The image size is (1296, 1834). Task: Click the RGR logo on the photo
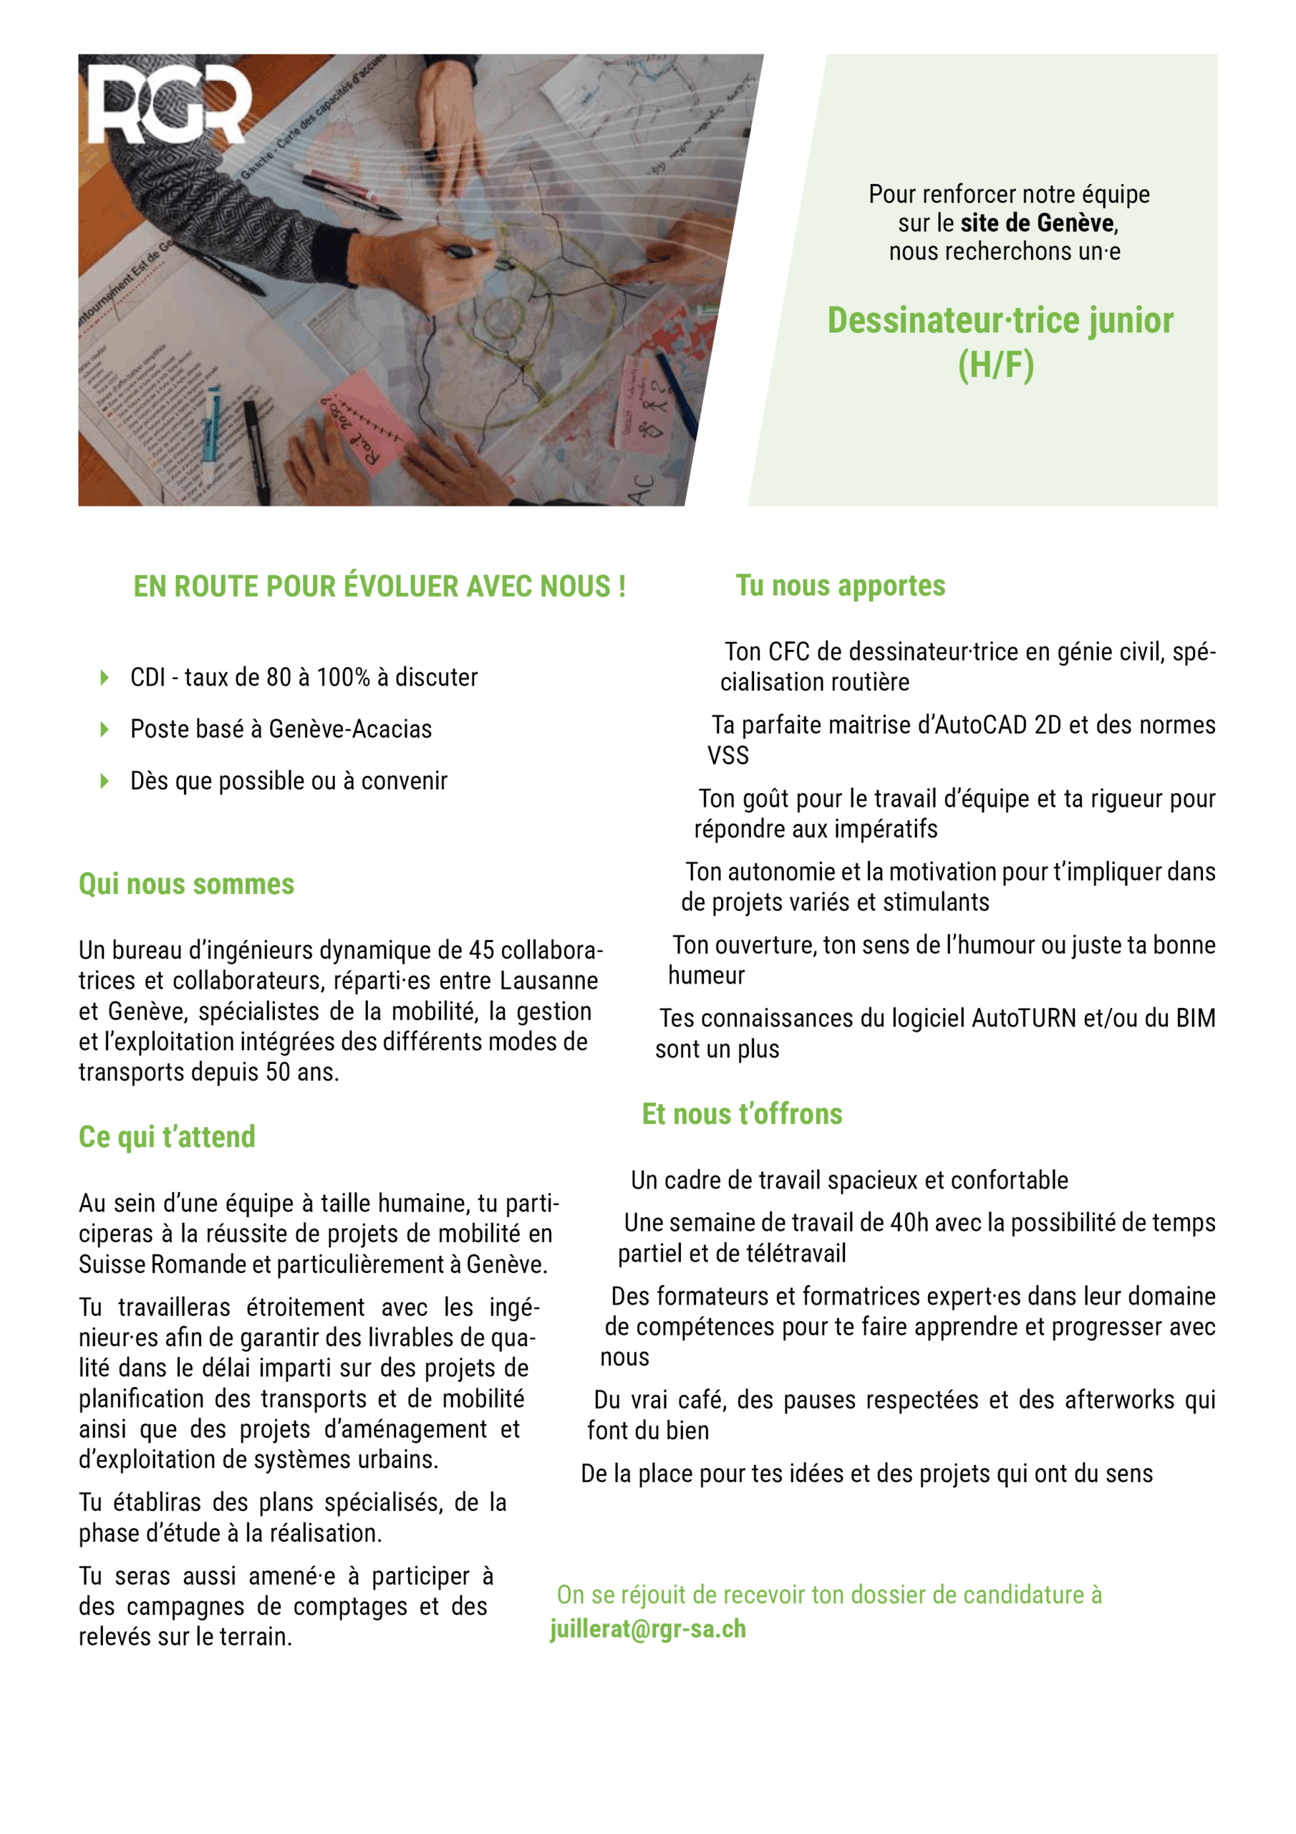coord(168,104)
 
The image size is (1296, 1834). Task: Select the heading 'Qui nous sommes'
coord(186,884)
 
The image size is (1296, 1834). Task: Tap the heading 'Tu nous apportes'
coord(840,585)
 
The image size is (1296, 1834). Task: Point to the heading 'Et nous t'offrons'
coord(742,1113)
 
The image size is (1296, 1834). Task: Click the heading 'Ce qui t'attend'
coord(167,1137)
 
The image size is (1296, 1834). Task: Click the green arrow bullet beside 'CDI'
coord(104,678)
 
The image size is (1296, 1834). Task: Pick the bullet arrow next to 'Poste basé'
coord(104,729)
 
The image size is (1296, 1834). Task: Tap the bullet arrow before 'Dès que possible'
coord(104,781)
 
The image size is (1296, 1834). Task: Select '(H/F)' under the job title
coord(996,365)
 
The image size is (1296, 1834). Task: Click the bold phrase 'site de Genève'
coord(1038,223)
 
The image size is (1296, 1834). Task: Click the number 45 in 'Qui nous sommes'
coord(481,951)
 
